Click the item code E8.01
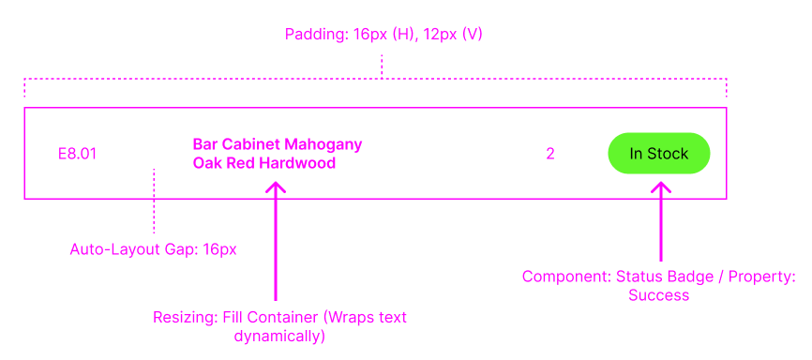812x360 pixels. (77, 154)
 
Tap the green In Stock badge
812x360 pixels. (658, 154)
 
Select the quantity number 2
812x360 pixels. (550, 154)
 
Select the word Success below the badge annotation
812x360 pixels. (659, 295)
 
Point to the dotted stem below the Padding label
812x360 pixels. (382, 66)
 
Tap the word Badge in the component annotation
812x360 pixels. (692, 277)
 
